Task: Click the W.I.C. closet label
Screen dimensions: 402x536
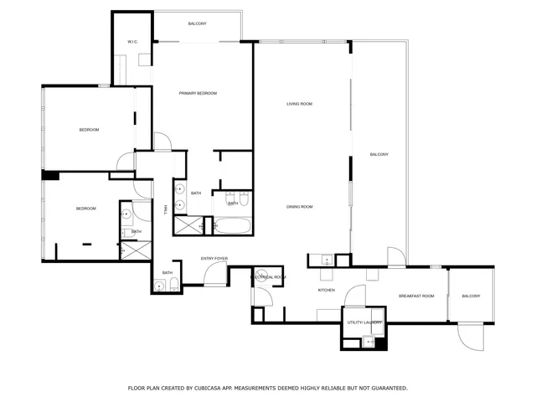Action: [x=132, y=41]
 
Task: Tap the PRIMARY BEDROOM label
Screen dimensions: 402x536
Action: [x=198, y=93]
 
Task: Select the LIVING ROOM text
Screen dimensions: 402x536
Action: [x=299, y=104]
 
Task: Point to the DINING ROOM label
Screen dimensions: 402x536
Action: [x=299, y=207]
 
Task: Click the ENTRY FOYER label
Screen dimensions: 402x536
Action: [x=214, y=259]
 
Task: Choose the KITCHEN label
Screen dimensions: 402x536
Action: [x=326, y=290]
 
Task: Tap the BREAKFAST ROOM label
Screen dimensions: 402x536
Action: [x=416, y=296]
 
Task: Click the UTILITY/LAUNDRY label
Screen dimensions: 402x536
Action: [x=364, y=322]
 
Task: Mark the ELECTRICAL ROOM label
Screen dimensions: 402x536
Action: [x=270, y=276]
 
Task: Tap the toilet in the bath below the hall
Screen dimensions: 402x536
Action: [x=173, y=286]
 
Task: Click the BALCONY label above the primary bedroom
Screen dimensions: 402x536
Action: [x=198, y=23]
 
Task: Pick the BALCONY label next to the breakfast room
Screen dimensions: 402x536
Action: [x=471, y=296]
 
